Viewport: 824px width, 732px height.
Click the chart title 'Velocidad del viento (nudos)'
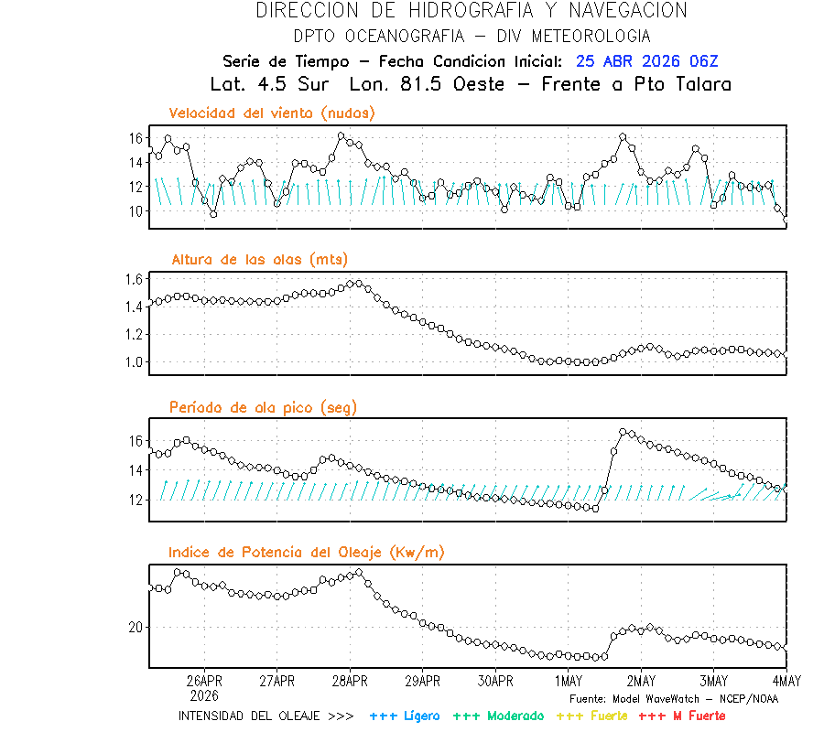(x=272, y=113)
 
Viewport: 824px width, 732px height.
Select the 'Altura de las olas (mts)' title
(x=260, y=260)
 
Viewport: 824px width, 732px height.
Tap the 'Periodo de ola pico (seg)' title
(x=263, y=407)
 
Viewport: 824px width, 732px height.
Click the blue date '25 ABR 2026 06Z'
(x=647, y=62)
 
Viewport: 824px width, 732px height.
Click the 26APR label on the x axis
(x=204, y=682)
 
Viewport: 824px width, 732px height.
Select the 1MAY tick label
(x=569, y=682)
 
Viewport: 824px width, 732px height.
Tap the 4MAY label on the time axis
(x=786, y=682)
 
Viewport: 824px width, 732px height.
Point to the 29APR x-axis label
(x=423, y=682)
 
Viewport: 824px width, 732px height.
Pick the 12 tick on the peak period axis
(x=136, y=500)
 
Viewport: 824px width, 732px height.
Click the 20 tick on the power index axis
(x=136, y=628)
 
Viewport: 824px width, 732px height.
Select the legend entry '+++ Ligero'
(x=405, y=716)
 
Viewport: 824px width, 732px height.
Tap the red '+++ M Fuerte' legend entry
(x=682, y=716)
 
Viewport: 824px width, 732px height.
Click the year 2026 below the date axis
(x=204, y=695)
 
